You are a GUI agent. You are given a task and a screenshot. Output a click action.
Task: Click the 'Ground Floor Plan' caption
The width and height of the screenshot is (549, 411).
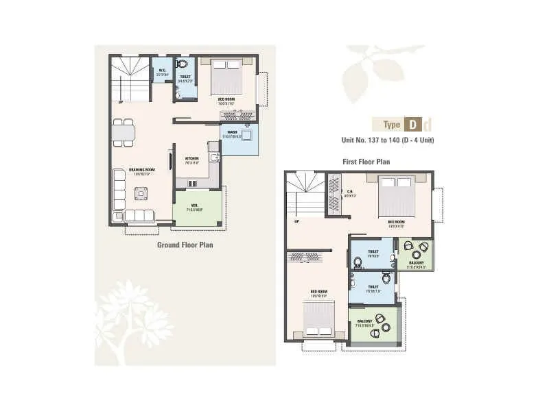tap(185, 244)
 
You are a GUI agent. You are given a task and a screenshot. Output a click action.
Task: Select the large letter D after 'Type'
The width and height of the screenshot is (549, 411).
tap(412, 125)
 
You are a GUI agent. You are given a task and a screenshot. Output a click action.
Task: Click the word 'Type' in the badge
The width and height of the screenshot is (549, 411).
tap(392, 125)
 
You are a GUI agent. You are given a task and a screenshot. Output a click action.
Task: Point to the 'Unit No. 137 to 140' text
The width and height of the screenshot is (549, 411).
tap(388, 140)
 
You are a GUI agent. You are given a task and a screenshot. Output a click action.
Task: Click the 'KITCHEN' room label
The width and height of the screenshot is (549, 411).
tap(191, 158)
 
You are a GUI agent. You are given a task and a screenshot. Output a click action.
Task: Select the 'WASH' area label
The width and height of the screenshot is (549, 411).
tap(232, 132)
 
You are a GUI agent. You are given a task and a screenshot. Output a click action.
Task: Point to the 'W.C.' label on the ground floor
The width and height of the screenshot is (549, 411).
tap(163, 69)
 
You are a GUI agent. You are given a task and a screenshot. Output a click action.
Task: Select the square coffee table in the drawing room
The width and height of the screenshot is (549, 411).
tap(141, 193)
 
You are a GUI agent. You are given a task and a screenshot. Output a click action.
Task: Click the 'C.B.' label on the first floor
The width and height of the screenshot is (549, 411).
tap(349, 192)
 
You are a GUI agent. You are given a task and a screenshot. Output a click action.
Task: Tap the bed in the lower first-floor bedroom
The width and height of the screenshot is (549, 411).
tap(318, 319)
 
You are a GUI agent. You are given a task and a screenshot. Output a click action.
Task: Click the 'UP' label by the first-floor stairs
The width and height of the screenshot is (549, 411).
tap(296, 221)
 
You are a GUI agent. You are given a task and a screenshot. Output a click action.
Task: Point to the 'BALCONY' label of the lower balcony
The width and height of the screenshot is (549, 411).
tap(364, 321)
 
